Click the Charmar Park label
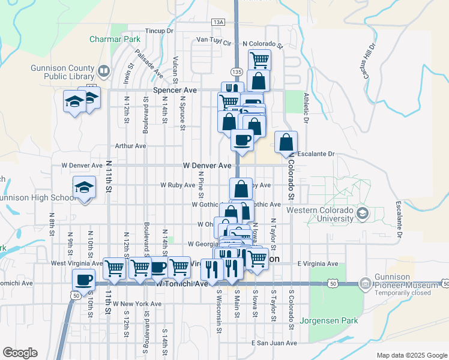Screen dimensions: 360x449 [115, 39]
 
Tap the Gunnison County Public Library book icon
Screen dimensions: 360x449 [104, 73]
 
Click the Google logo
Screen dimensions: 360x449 [20, 353]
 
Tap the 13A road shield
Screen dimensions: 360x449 [218, 22]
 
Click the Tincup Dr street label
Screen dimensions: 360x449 [159, 31]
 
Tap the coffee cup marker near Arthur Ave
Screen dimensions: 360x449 [242, 140]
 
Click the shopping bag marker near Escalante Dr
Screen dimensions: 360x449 [286, 142]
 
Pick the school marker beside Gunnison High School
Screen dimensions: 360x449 [84, 187]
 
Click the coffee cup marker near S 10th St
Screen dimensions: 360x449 [84, 279]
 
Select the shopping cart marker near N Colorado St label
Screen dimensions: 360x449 [259, 59]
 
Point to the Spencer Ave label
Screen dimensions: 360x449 [175, 90]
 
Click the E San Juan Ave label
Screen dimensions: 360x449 [274, 343]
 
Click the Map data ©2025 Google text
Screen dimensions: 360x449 [411, 355]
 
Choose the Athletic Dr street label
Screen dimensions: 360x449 [306, 108]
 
